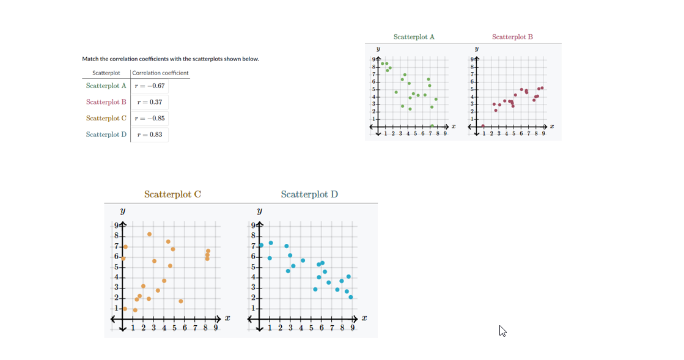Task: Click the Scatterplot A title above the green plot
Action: click(x=414, y=37)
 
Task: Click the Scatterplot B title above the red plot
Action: click(x=512, y=37)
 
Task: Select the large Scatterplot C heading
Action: click(x=172, y=194)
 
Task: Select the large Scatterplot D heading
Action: click(x=309, y=194)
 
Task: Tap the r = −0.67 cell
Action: click(x=150, y=86)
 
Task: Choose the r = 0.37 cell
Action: click(x=150, y=102)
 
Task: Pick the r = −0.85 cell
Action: click(x=150, y=118)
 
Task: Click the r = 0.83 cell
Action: click(x=150, y=134)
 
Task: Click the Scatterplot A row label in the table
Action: click(x=106, y=86)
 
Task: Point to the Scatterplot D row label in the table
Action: click(x=106, y=134)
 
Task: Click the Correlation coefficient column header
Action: click(x=160, y=73)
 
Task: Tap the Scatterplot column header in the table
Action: click(x=106, y=73)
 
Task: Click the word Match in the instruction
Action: click(x=90, y=59)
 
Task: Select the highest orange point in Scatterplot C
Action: click(x=149, y=234)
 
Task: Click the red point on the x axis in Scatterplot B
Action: click(x=483, y=126)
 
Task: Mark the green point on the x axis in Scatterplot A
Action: click(x=432, y=126)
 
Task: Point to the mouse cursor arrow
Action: click(x=502, y=330)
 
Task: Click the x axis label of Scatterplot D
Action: click(x=364, y=318)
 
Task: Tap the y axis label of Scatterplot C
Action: click(x=123, y=211)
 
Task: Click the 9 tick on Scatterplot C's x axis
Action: click(x=216, y=328)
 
